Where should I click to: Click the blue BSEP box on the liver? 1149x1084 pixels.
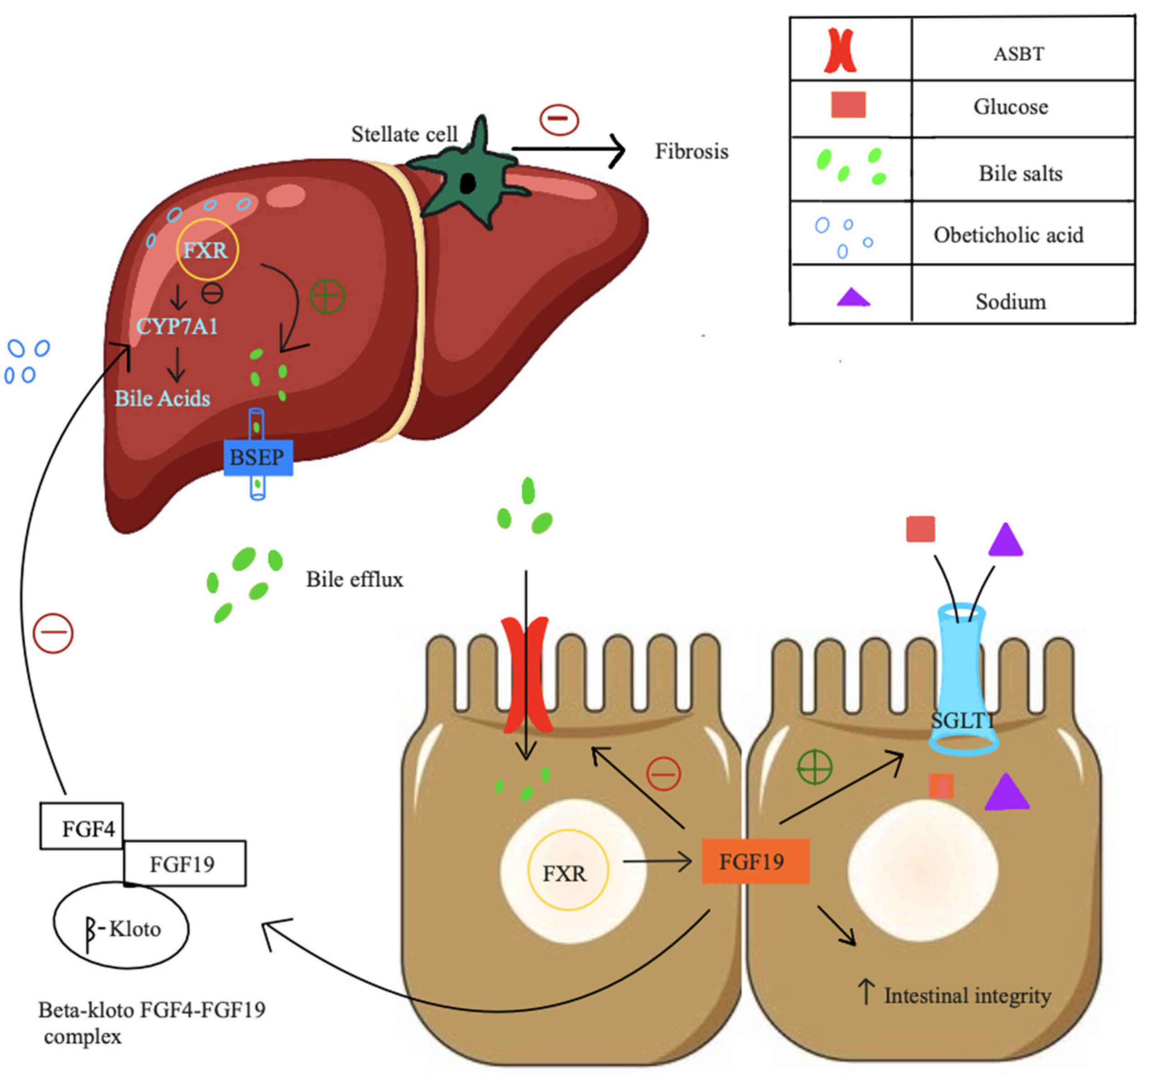258,458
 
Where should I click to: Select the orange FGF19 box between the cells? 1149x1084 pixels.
755,862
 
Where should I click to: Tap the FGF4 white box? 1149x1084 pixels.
82,826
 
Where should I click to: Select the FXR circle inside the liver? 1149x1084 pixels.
206,250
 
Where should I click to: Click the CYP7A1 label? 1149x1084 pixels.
177,327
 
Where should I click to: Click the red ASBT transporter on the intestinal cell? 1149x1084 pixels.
525,673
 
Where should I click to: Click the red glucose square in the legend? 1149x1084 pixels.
848,105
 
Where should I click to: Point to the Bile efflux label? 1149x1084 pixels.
354,579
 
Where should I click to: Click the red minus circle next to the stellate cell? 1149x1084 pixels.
558,120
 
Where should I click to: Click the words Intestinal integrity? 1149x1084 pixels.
967,996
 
